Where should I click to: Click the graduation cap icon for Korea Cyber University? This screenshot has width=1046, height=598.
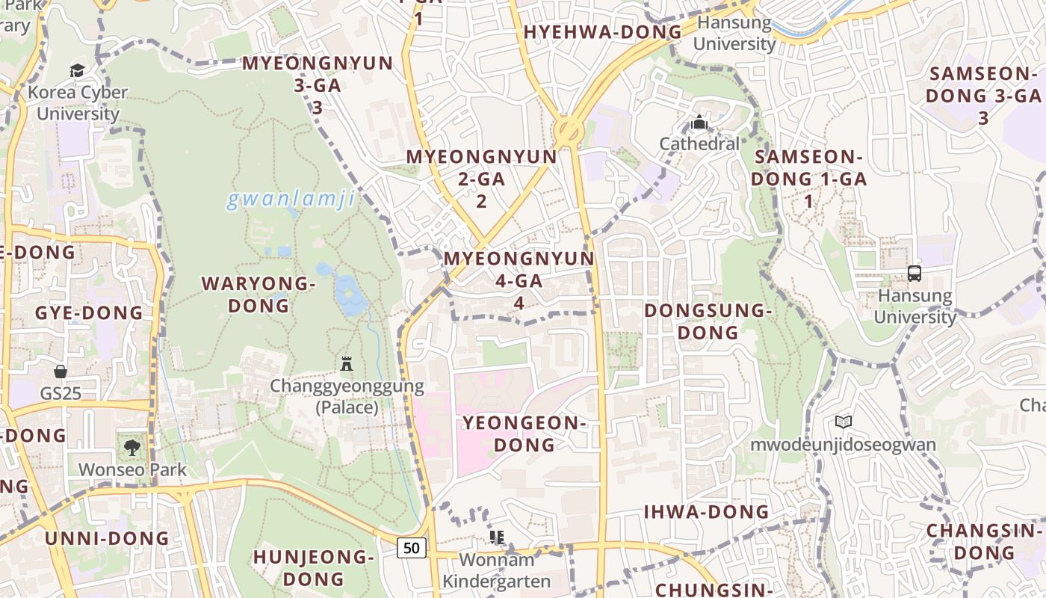[x=77, y=71]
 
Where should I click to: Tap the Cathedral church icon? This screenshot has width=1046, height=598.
[x=699, y=121]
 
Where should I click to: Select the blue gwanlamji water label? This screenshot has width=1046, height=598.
[x=290, y=200]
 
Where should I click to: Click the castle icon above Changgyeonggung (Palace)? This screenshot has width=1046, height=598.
[x=347, y=364]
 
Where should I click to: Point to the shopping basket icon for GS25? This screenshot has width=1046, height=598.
[x=61, y=371]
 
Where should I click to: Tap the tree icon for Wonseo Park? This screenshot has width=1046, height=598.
[x=132, y=448]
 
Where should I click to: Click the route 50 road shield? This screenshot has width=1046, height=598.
[x=411, y=548]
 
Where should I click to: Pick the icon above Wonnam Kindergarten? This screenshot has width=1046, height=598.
[x=497, y=537]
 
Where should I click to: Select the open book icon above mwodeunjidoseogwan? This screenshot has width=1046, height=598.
[x=843, y=422]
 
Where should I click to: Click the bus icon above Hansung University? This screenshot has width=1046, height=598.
[x=915, y=274]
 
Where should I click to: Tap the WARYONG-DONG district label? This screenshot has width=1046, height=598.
[x=258, y=295]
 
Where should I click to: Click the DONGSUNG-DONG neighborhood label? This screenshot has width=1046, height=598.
[x=708, y=321]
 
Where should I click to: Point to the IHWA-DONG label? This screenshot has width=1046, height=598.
[x=706, y=512]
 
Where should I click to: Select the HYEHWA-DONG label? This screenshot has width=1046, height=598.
[x=602, y=32]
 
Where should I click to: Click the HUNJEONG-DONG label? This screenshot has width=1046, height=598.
[x=313, y=567]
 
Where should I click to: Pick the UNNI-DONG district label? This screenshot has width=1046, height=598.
[x=107, y=538]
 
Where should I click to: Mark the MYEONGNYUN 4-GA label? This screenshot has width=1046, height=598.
[x=519, y=280]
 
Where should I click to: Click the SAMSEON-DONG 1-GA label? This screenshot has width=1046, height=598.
[x=808, y=179]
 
